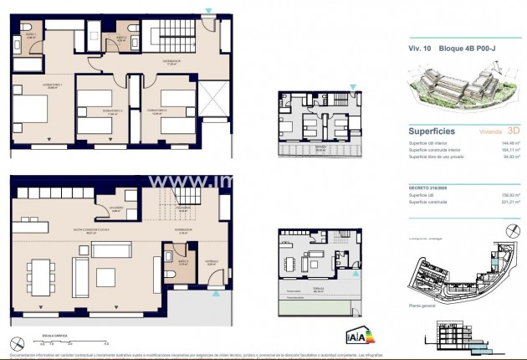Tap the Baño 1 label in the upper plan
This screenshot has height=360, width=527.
pos(31,37)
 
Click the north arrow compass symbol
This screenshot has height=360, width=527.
pos(17,342)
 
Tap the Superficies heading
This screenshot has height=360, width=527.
pos(431,131)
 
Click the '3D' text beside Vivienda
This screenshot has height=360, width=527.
pos(514,131)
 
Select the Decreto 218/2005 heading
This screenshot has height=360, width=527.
pos(432,188)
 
